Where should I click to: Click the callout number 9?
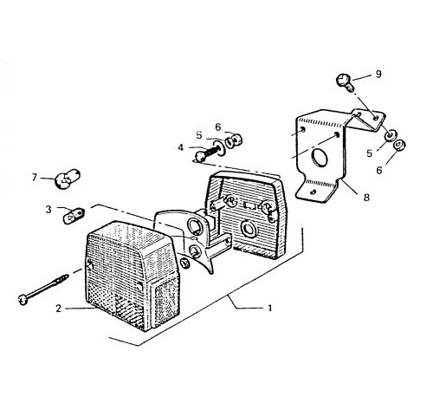[378, 75]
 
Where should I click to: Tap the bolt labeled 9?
[346, 82]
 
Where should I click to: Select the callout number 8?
[366, 198]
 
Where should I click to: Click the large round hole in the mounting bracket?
[320, 158]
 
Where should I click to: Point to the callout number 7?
[35, 177]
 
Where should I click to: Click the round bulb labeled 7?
[68, 179]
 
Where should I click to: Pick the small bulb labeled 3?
[74, 216]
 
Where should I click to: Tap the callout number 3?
[48, 209]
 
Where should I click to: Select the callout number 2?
[59, 309]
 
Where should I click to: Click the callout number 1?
[270, 309]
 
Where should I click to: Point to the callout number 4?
[181, 147]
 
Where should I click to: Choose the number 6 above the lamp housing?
[218, 127]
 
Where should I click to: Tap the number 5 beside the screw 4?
[199, 135]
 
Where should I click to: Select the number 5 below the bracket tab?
[370, 153]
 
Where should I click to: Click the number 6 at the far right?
[379, 171]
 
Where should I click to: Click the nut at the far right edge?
[400, 145]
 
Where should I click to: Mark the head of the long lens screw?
[22, 299]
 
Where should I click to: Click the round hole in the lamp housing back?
[248, 229]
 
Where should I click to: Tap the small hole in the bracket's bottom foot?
[313, 192]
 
